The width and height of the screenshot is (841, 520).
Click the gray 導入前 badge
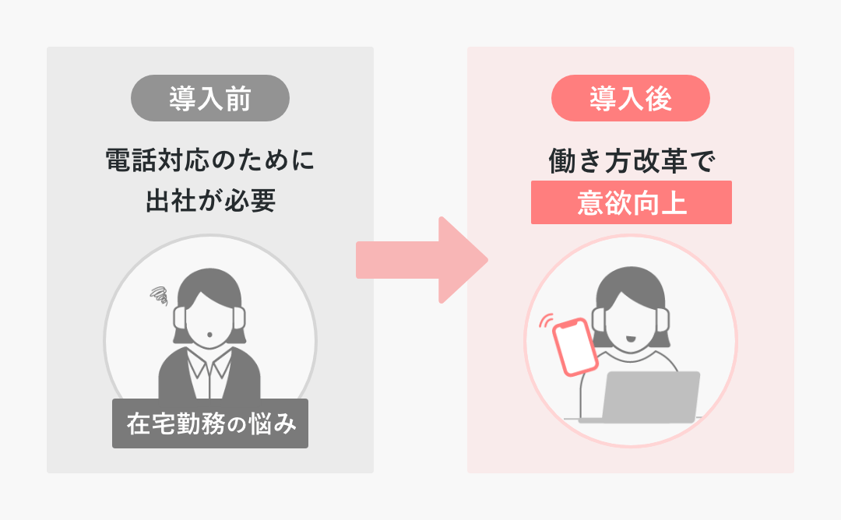tap(210, 98)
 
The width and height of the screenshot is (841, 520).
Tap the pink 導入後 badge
tap(631, 98)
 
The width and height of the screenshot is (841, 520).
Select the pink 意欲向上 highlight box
tap(631, 202)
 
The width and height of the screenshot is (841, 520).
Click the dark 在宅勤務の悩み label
tap(210, 423)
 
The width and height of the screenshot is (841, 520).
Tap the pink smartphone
tap(575, 347)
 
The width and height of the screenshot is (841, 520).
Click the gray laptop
tap(651, 397)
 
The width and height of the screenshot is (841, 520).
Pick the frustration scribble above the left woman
tap(160, 294)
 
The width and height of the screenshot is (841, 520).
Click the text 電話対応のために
tap(210, 162)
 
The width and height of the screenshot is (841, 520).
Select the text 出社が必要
tap(210, 201)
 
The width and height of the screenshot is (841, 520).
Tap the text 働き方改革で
tap(631, 162)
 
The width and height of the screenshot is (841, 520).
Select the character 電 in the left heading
tap(118, 162)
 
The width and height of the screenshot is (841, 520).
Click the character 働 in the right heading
tap(562, 162)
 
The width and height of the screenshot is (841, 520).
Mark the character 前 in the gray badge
tap(238, 98)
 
